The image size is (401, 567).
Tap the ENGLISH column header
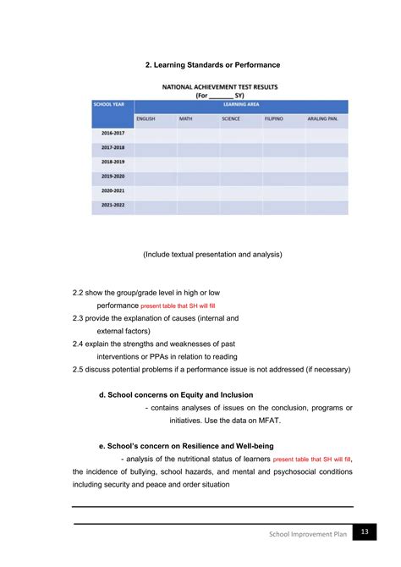(146, 118)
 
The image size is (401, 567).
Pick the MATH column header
(186, 118)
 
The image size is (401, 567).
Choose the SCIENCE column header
(231, 118)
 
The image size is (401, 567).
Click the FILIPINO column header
(273, 118)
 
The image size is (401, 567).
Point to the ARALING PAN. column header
(323, 118)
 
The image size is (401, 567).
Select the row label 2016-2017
(112, 134)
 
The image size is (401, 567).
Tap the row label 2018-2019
(112, 162)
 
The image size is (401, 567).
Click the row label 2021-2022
(112, 206)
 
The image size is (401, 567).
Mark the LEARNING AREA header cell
(240, 104)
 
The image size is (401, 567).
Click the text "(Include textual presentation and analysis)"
(213, 254)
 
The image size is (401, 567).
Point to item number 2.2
(80, 293)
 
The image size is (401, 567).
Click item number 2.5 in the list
(80, 369)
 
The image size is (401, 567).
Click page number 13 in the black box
(365, 531)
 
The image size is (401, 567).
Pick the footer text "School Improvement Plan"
(308, 535)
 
